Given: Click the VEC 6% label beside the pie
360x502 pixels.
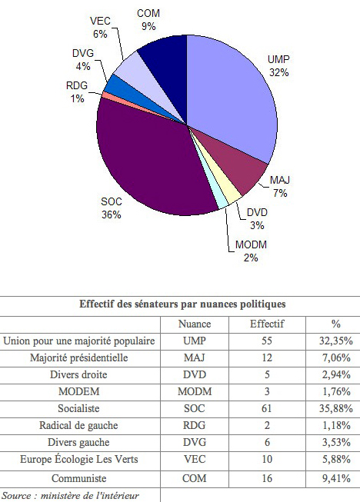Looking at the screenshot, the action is point(100,27).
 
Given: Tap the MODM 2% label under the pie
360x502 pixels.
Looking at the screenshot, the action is point(251,251).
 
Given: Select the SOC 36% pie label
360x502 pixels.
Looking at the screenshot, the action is point(111,208).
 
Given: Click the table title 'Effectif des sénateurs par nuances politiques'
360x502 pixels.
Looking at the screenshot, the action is point(182,304).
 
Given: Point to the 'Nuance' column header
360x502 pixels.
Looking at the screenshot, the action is point(195,324).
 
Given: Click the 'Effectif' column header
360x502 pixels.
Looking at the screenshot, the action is point(267,324).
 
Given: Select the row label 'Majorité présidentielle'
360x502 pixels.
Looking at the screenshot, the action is point(78,357).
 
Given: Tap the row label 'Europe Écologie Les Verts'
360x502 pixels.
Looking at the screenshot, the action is point(78,459).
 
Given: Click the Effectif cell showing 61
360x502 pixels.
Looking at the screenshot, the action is point(266,408).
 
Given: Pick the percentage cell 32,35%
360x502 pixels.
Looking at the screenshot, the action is point(335,341).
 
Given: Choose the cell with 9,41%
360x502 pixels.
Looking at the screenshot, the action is point(336,479).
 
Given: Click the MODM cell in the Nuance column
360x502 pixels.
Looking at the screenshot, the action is point(195,391).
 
